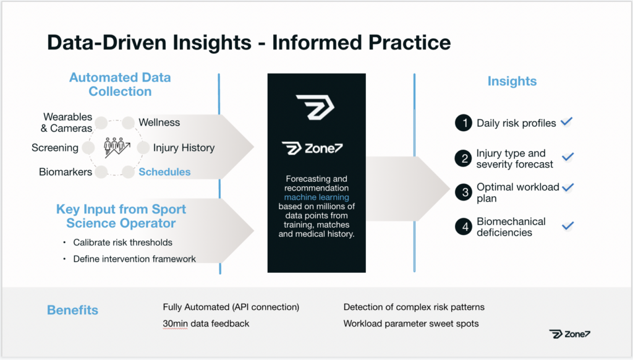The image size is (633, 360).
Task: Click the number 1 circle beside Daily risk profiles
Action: click(464, 123)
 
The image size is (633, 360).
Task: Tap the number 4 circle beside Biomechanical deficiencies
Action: click(464, 226)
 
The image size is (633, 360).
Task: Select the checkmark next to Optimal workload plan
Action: click(567, 187)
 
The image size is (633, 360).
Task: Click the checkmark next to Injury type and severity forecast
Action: click(567, 156)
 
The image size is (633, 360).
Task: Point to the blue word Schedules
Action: click(164, 172)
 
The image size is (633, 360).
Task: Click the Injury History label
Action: click(184, 147)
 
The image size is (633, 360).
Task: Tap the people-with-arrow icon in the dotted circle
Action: click(117, 147)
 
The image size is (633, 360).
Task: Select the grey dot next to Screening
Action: click(88, 148)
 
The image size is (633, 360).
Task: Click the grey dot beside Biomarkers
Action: click(101, 172)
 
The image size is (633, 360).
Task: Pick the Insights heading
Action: click(512, 81)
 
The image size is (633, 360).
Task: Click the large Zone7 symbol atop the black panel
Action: click(315, 107)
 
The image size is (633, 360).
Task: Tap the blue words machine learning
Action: click(316, 197)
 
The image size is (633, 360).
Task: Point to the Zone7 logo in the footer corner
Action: click(569, 334)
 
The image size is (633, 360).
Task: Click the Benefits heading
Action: click(73, 310)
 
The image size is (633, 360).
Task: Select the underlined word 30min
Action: click(175, 324)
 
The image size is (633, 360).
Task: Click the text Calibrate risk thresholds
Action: click(123, 242)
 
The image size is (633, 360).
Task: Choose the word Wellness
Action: click(159, 122)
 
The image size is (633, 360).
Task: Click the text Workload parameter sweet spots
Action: click(411, 324)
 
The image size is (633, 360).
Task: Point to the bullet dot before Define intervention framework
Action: click(64, 259)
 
